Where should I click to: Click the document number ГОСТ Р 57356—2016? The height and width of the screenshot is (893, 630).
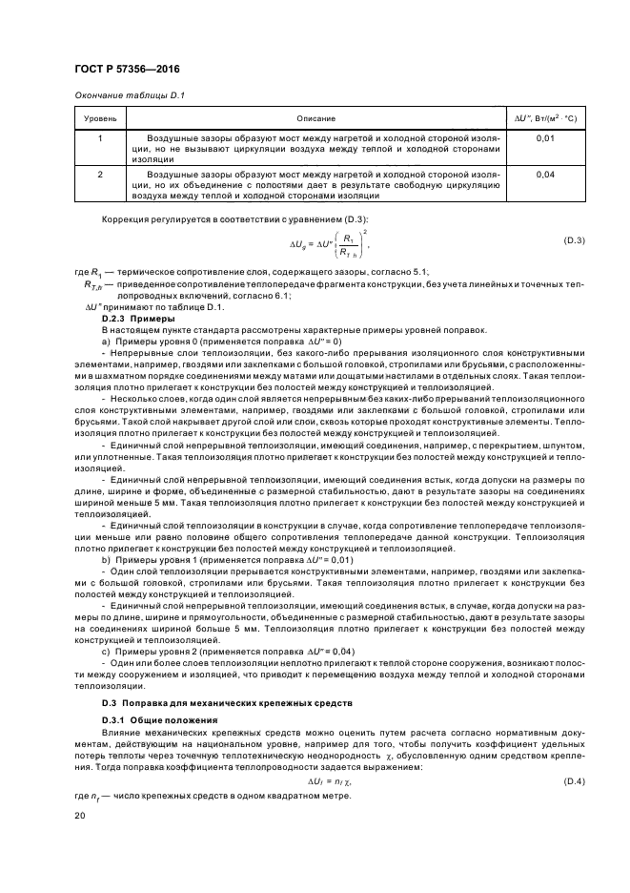click(x=126, y=70)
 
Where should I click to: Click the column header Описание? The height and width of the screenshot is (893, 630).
click(x=315, y=117)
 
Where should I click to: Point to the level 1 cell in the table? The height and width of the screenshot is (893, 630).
click(x=100, y=139)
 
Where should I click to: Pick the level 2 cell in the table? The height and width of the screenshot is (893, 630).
click(x=100, y=176)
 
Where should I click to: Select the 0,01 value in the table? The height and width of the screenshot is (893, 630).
click(x=545, y=139)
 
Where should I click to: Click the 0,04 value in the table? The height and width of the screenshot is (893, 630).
click(x=545, y=176)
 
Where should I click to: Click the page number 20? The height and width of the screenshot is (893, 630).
click(x=80, y=816)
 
